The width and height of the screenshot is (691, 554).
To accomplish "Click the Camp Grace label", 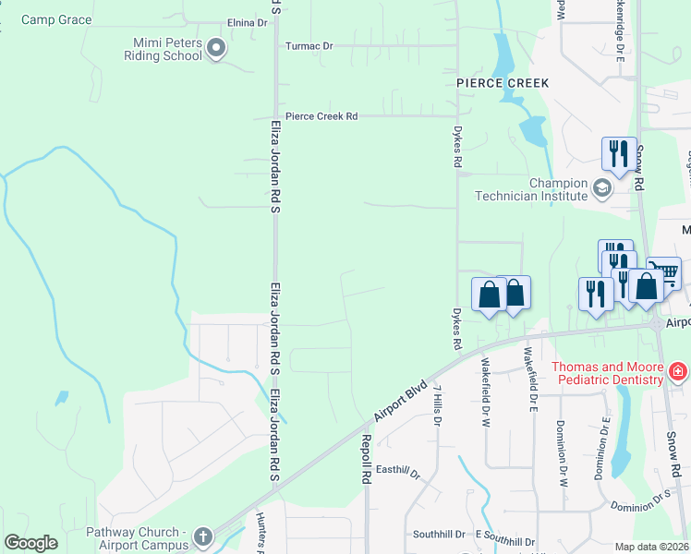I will [56, 19].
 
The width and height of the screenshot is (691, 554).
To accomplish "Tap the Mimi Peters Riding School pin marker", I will [216, 47].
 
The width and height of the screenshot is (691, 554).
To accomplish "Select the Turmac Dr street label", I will [309, 45].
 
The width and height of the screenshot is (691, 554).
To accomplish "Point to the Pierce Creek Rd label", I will [321, 116].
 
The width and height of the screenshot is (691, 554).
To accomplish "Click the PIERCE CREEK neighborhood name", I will [503, 83].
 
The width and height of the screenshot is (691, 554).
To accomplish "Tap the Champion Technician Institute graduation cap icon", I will [602, 188].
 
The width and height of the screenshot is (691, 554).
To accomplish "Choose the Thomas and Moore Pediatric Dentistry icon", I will [678, 372].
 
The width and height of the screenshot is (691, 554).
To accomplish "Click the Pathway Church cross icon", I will [203, 536].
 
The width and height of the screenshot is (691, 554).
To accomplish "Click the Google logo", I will [30, 543].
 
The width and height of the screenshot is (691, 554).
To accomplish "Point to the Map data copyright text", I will [652, 547].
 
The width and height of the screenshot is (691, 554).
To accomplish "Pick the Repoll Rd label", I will [366, 459].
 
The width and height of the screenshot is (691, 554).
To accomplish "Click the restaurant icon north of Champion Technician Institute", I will [618, 153].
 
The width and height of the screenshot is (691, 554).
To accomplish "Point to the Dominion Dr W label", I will [560, 441].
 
